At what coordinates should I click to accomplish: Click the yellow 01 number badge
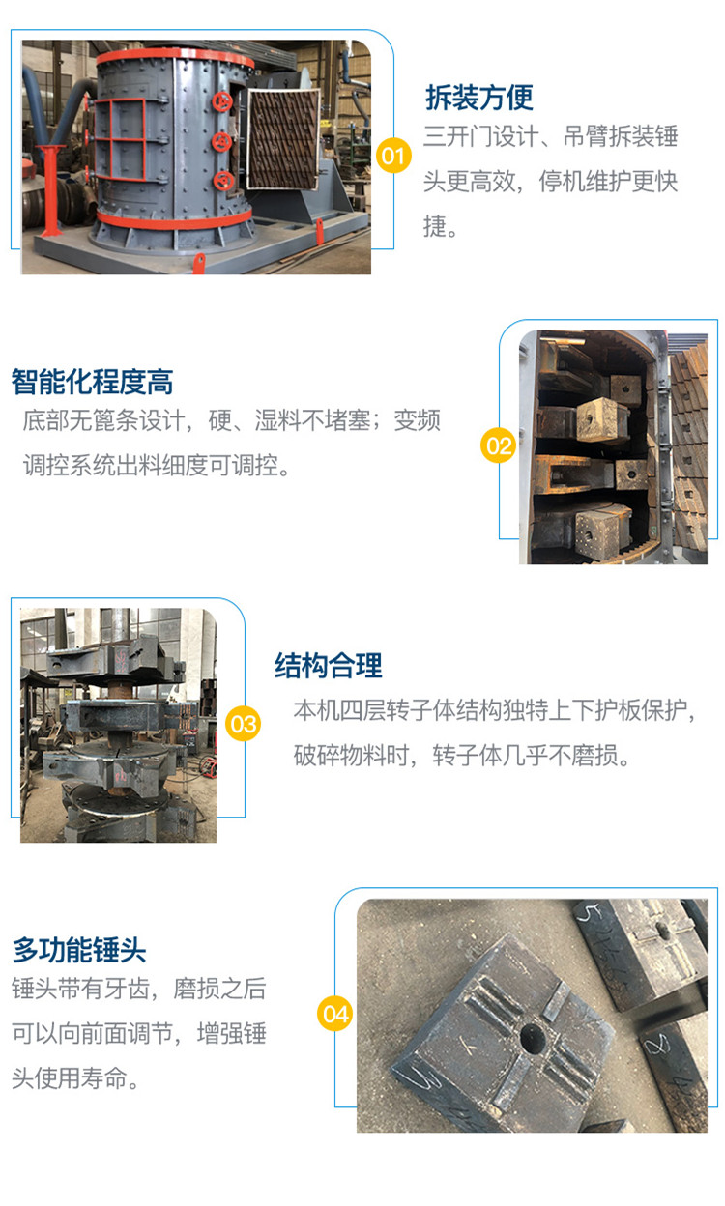[393, 156]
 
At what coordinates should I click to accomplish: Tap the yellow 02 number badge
[498, 445]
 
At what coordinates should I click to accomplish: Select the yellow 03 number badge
[243, 724]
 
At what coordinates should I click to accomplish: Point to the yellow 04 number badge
[335, 1014]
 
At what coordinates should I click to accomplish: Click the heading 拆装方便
[478, 98]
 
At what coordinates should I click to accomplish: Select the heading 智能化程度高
[93, 382]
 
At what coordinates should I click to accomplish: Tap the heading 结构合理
[329, 666]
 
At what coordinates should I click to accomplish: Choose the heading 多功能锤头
[79, 949]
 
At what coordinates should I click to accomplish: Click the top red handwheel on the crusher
[222, 101]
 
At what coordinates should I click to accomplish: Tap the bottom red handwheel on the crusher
[223, 181]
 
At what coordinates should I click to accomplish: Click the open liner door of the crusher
[283, 139]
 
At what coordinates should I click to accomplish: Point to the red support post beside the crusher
[49, 188]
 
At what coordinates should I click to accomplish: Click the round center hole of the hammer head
[534, 1036]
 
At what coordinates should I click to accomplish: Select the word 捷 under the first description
[435, 226]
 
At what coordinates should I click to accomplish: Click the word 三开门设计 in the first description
[481, 136]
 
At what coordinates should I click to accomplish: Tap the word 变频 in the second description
[417, 420]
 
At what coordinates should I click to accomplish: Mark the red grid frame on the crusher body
[120, 139]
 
